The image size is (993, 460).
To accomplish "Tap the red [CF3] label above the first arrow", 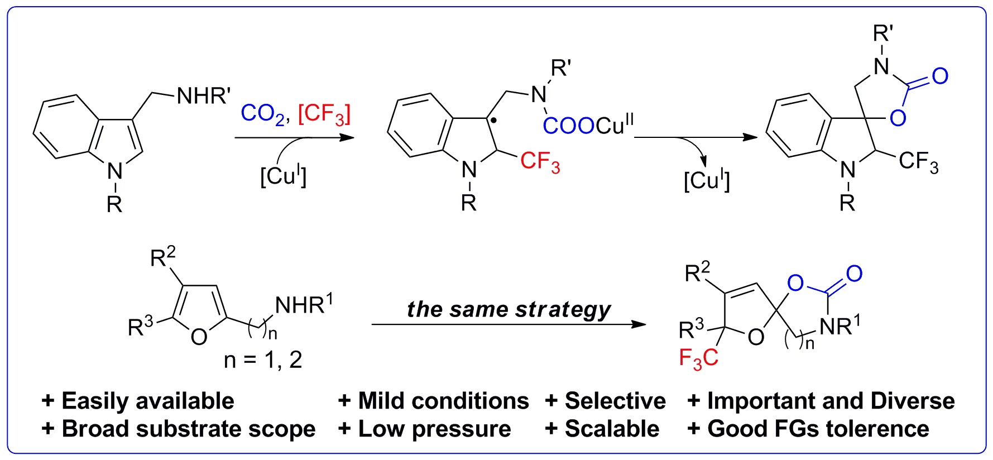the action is click(324, 114).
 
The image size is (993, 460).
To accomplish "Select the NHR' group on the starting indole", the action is click(203, 95).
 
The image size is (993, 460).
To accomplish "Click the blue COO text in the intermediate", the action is click(568, 126).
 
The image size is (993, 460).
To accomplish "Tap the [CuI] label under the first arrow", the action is click(284, 176).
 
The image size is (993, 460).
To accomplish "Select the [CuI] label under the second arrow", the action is click(707, 180).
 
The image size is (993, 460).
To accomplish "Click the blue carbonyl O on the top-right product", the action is click(940, 76).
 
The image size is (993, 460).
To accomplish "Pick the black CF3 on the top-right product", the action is click(919, 162).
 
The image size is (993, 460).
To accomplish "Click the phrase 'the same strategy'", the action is click(509, 309).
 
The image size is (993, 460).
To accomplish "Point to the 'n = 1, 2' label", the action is click(263, 360).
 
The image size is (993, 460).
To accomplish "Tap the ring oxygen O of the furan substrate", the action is click(199, 337).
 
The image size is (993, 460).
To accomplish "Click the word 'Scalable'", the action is click(612, 429).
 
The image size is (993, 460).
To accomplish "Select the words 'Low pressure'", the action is click(434, 429).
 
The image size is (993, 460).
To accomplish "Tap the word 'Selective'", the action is click(615, 401).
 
